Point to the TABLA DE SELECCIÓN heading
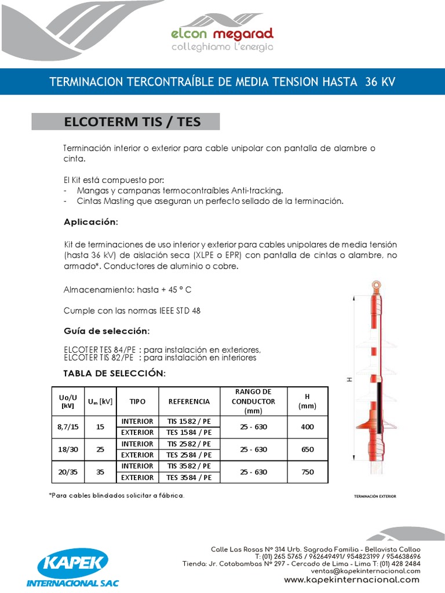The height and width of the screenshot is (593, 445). (115, 374)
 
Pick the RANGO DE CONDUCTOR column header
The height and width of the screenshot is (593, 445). (253, 401)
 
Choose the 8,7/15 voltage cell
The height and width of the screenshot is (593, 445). (68, 427)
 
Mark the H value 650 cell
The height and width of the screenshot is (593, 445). (307, 449)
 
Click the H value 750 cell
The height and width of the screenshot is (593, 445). (307, 472)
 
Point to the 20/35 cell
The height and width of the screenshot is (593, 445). (68, 472)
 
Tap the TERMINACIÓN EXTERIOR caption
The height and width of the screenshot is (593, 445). (375, 496)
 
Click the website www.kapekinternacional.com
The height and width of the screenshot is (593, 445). (352, 580)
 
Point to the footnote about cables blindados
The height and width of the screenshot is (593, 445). (118, 496)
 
